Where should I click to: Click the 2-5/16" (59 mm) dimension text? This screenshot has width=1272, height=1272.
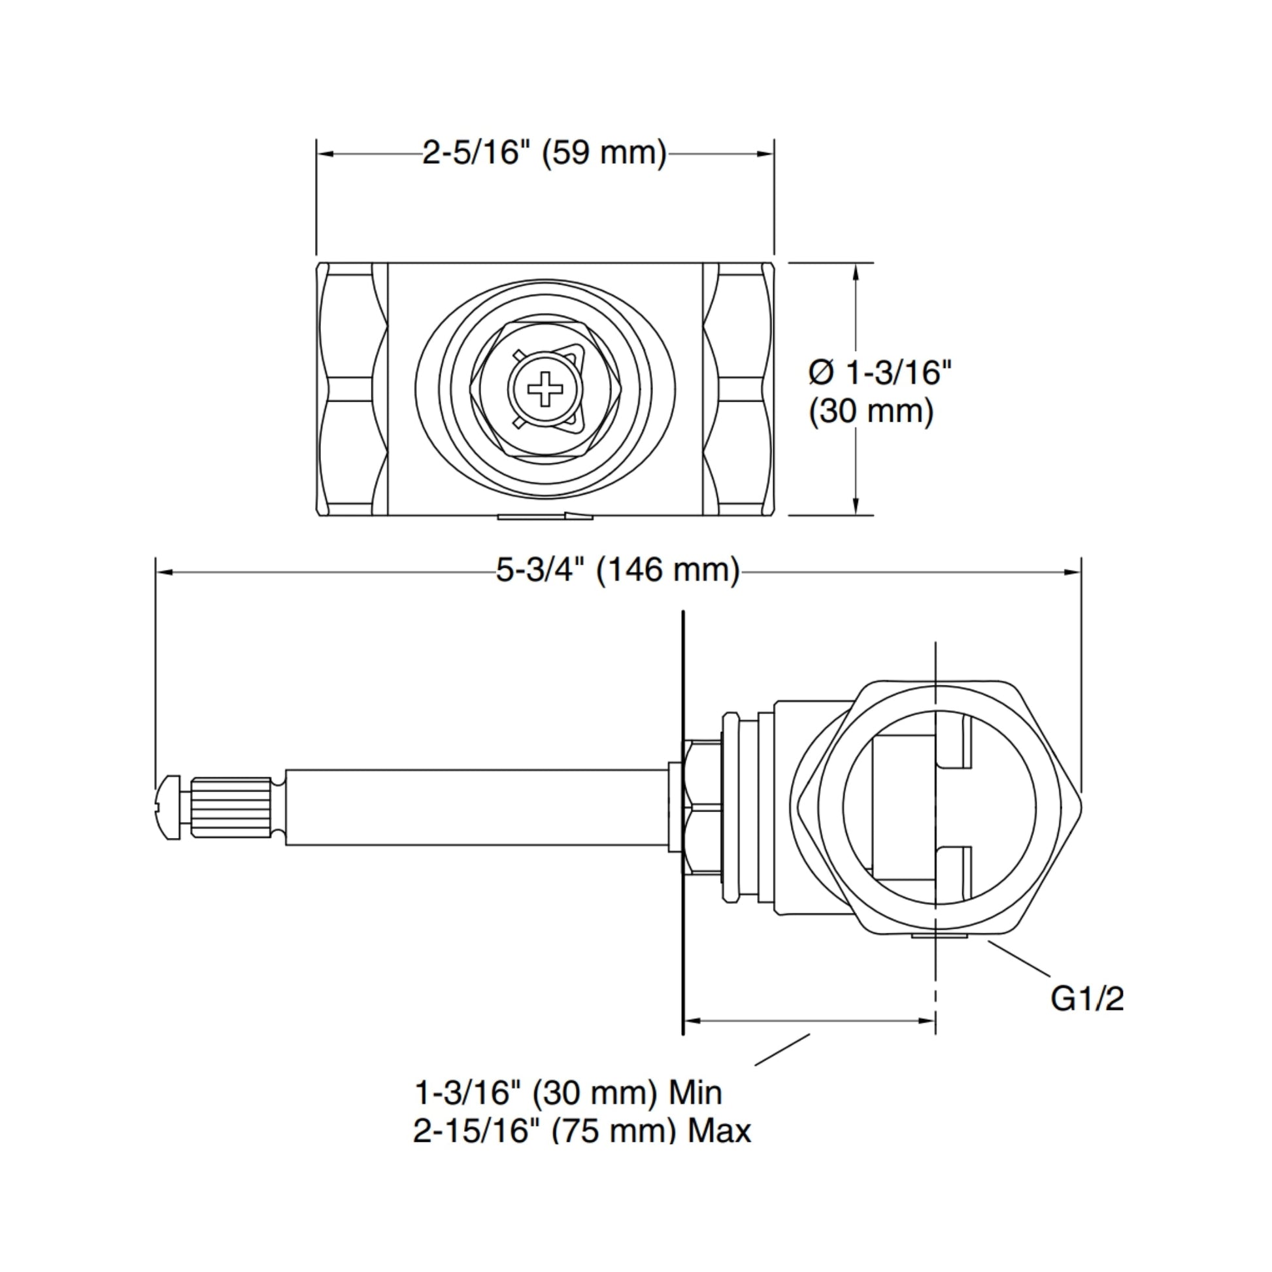[544, 153]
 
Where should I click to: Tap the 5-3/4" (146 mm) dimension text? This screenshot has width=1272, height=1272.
[618, 569]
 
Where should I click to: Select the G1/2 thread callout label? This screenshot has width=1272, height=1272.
[1087, 998]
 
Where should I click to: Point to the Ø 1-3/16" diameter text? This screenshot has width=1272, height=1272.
[880, 373]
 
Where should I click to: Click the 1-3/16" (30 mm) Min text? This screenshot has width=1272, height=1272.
[568, 1092]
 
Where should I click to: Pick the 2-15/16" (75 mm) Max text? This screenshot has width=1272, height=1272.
[582, 1130]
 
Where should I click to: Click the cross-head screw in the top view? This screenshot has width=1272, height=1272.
[545, 388]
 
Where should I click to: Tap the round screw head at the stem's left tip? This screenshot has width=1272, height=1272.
[169, 808]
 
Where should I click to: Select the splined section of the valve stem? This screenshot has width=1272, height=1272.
[231, 808]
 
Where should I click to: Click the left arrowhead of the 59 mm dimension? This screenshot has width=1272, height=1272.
[326, 154]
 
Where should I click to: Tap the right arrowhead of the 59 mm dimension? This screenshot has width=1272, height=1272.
[765, 154]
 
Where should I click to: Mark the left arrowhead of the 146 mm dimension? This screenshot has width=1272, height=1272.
[165, 572]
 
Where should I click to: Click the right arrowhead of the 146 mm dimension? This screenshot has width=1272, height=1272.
[1073, 572]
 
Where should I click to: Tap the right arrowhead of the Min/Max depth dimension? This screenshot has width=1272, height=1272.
[927, 1021]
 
